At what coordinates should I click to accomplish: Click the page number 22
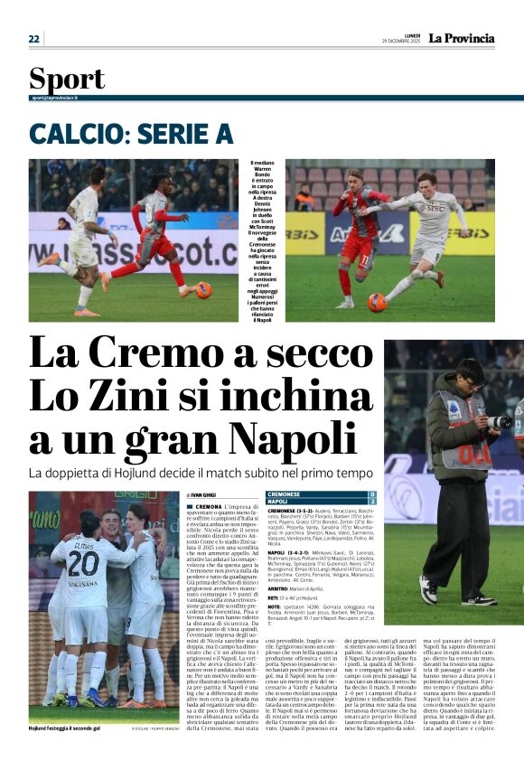tap(34, 39)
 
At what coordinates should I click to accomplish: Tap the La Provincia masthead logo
tap(461, 38)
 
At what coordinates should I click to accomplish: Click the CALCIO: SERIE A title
tap(131, 134)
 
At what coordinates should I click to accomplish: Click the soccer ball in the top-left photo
tap(203, 290)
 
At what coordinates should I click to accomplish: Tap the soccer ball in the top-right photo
tap(377, 303)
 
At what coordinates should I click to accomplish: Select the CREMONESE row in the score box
tap(321, 495)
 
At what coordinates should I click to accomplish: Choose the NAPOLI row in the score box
tap(321, 503)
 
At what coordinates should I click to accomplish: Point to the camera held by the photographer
tap(499, 420)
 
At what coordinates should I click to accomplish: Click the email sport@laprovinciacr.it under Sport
tap(54, 97)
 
